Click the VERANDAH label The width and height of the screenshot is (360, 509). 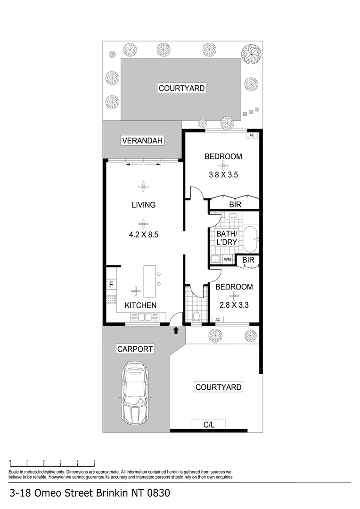[x=142, y=140]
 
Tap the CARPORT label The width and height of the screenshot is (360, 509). [x=135, y=349]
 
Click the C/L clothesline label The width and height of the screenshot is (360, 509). [x=209, y=425]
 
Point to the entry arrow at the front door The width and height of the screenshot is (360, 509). [x=176, y=331]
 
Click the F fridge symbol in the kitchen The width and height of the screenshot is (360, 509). [x=111, y=285]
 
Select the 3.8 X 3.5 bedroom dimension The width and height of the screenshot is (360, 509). [x=223, y=174]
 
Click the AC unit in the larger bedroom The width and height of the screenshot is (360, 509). [x=252, y=135]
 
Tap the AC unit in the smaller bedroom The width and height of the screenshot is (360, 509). [x=218, y=320]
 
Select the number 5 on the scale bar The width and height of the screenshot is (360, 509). [x=94, y=461]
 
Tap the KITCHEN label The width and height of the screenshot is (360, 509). [x=140, y=305]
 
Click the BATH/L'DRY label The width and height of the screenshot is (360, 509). [x=227, y=238]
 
